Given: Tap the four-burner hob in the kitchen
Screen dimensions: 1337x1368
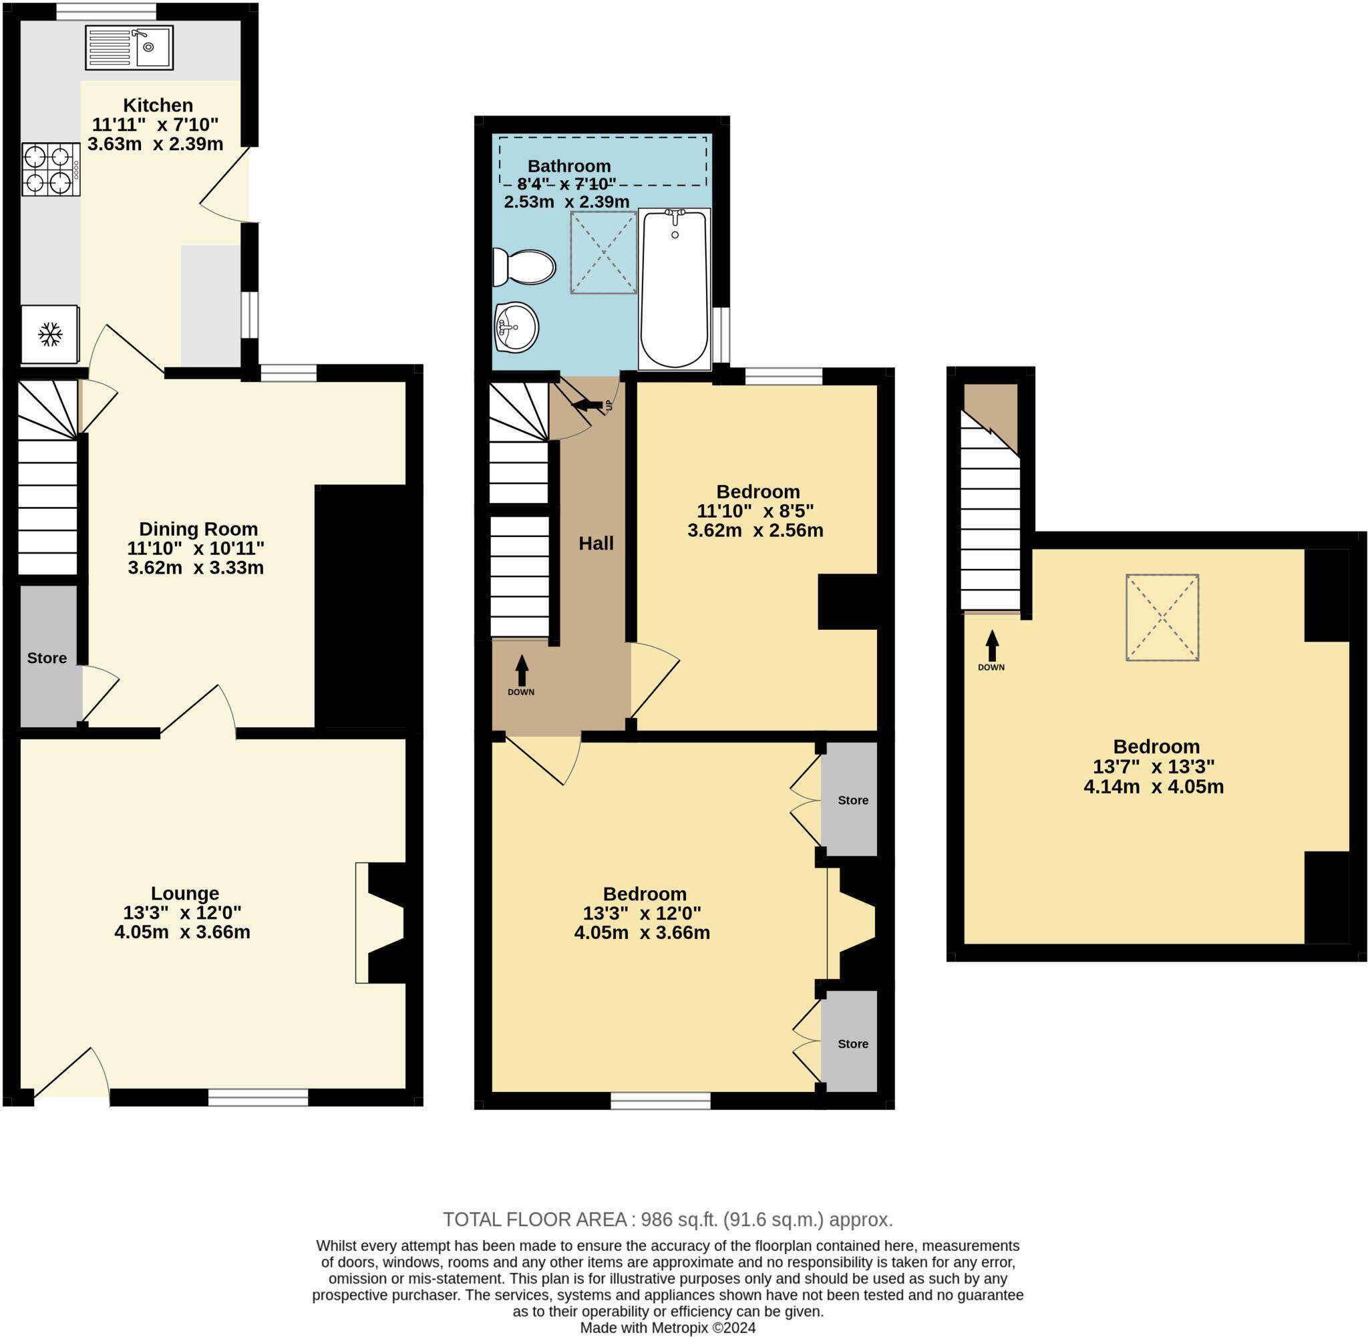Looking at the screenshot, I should click(x=50, y=169).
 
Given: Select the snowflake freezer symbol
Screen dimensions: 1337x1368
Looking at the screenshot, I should click(x=49, y=334).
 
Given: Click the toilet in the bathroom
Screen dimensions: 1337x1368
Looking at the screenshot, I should click(x=525, y=267).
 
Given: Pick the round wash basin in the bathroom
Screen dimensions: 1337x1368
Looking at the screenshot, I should click(x=516, y=327).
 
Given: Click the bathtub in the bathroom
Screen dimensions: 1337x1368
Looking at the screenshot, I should click(x=674, y=289).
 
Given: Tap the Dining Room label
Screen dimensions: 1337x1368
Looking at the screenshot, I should click(x=198, y=529).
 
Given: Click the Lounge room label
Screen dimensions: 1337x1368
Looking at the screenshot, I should click(x=185, y=893).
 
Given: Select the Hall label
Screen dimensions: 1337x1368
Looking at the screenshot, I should click(x=596, y=543).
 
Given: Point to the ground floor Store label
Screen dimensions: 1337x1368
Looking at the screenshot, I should click(x=47, y=658).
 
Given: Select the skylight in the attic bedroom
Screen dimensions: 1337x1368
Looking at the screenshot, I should click(x=1162, y=617).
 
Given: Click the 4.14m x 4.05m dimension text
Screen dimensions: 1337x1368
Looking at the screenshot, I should click(x=1153, y=787).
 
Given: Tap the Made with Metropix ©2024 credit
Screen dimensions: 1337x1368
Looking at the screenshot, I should click(x=667, y=1328).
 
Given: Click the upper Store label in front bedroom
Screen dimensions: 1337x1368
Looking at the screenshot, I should click(x=852, y=801).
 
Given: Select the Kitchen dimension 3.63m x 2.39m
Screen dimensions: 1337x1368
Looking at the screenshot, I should click(x=155, y=144).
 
